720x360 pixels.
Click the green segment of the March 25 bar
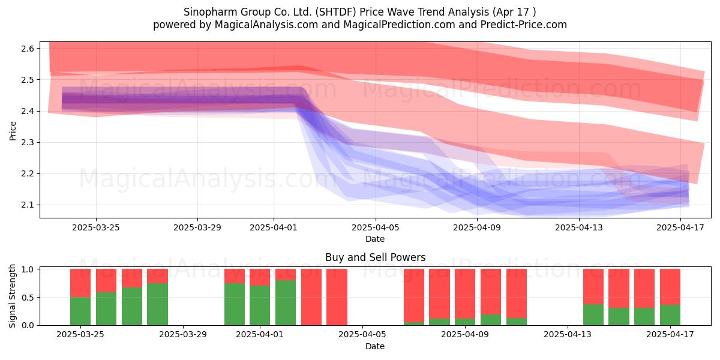pyautogui.click(x=80, y=311)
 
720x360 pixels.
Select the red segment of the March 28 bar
pyautogui.click(x=157, y=276)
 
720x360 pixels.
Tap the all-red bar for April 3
pyautogui.click(x=311, y=297)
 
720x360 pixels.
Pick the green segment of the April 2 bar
pyautogui.click(x=286, y=303)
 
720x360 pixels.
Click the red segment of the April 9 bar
pyautogui.click(x=465, y=294)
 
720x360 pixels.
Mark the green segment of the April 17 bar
pyautogui.click(x=670, y=315)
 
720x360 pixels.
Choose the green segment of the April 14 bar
pyautogui.click(x=593, y=314)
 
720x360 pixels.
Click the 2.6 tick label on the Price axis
pyautogui.click(x=28, y=49)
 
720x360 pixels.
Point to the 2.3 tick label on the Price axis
pyautogui.click(x=28, y=142)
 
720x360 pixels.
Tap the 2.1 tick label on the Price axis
pyautogui.click(x=28, y=205)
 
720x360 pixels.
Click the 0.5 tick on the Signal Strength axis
pyautogui.click(x=28, y=298)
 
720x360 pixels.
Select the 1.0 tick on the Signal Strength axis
pyautogui.click(x=28, y=269)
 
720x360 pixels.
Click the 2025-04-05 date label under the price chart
pyautogui.click(x=375, y=227)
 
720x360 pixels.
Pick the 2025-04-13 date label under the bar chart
pyautogui.click(x=568, y=334)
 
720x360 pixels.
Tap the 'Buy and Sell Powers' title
pyautogui.click(x=375, y=257)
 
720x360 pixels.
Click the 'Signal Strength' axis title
pyautogui.click(x=12, y=296)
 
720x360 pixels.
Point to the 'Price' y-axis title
pyautogui.click(x=13, y=131)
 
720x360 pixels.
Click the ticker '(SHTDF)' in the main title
pyautogui.click(x=335, y=12)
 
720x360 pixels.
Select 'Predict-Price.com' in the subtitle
pyautogui.click(x=524, y=25)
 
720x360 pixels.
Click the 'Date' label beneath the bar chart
pyautogui.click(x=375, y=346)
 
